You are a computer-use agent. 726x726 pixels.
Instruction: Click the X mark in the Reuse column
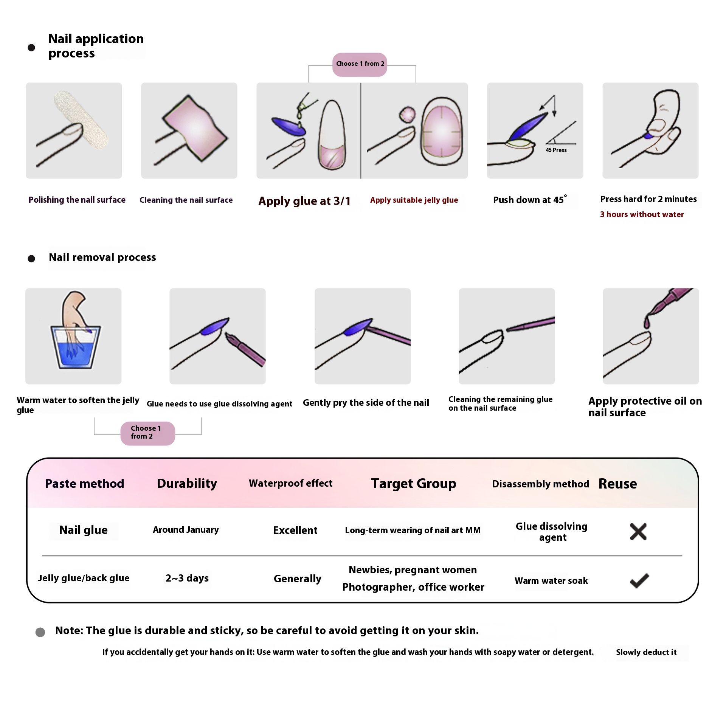(638, 531)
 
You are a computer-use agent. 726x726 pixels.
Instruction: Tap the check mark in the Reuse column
(639, 580)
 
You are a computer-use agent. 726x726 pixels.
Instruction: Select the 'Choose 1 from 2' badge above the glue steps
(360, 64)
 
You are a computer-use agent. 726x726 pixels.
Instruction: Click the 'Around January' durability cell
(186, 530)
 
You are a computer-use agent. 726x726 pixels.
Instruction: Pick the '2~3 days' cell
(187, 578)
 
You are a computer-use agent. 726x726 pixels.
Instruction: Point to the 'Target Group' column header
(414, 484)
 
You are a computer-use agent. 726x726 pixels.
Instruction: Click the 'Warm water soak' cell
(551, 581)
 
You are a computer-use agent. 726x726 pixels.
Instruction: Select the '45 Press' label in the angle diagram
(556, 150)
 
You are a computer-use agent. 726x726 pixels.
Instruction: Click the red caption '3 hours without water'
(642, 214)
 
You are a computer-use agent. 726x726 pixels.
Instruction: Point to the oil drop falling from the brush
(647, 322)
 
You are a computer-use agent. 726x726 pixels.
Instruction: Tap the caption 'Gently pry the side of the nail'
(366, 403)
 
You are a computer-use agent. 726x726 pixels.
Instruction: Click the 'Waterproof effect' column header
(290, 483)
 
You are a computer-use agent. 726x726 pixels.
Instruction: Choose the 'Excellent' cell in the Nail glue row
(295, 530)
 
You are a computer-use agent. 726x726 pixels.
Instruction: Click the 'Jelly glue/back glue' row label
(84, 578)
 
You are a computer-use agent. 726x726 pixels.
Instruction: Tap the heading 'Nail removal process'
(102, 258)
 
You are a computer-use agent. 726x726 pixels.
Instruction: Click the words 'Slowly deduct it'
(646, 652)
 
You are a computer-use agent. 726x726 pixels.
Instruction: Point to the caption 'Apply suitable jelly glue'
(414, 200)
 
